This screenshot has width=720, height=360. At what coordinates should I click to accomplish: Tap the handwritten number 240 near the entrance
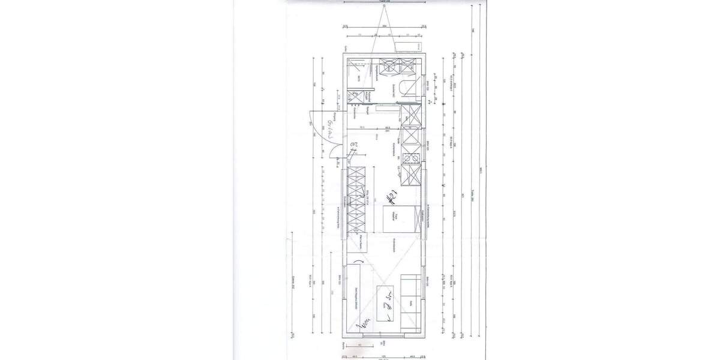coord(355,146)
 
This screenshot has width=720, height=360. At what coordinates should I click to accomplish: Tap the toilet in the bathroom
coord(410,88)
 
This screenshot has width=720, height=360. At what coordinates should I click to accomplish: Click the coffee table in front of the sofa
coord(388,302)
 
